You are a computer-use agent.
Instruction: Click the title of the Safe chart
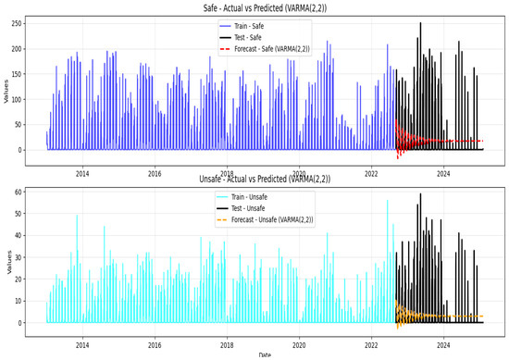(265, 7)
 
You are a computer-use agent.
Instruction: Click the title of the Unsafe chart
(265, 179)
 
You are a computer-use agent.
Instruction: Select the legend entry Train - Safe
(242, 26)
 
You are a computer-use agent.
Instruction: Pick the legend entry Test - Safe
(241, 38)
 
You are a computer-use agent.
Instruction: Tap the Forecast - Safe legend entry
(265, 49)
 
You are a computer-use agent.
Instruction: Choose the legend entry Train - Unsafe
(242, 197)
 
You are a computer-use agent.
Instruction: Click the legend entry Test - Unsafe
(241, 208)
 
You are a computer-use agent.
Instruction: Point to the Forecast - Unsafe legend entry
(265, 219)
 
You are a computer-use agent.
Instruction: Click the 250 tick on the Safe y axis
(16, 24)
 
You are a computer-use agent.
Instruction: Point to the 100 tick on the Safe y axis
(16, 100)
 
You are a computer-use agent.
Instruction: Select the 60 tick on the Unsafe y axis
(18, 192)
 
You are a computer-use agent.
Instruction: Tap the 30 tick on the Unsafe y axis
(18, 257)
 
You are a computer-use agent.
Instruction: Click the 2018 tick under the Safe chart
(227, 174)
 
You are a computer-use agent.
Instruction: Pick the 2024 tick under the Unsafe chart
(443, 345)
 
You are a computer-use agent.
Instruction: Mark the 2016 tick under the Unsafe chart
(155, 345)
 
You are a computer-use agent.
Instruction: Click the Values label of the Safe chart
(6, 92)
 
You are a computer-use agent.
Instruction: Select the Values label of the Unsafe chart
(9, 262)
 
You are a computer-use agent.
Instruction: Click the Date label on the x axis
(265, 355)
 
